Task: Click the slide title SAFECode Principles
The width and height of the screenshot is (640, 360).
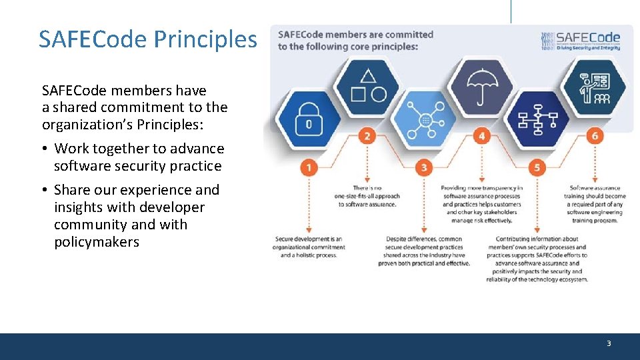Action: point(147,39)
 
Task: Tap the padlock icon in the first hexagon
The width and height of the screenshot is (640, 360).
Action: point(309,117)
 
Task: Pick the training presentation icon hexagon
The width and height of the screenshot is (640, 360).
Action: point(594,87)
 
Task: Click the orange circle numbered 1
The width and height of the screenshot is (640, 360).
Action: point(309,167)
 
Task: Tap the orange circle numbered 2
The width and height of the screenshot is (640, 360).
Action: point(367,137)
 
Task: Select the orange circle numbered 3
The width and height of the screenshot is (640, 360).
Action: point(424,167)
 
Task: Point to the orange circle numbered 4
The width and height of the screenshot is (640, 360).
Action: point(481,137)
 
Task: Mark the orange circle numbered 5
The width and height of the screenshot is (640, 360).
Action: point(537,167)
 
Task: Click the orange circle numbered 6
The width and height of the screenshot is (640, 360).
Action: point(595,137)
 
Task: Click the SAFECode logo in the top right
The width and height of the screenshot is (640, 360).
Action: point(581,41)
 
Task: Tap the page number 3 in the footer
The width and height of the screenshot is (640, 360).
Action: point(608,343)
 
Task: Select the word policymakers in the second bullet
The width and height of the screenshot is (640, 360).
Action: point(97,242)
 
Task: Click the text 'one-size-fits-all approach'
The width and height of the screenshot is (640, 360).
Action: point(367,196)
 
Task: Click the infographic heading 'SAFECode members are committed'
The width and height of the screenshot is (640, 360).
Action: point(355,35)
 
